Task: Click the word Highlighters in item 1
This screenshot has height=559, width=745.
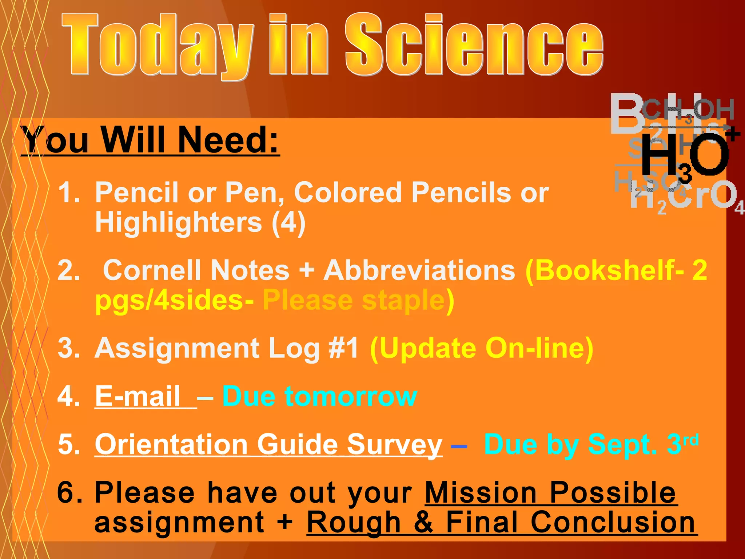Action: tap(178, 222)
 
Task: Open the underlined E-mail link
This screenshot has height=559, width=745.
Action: tap(138, 396)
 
